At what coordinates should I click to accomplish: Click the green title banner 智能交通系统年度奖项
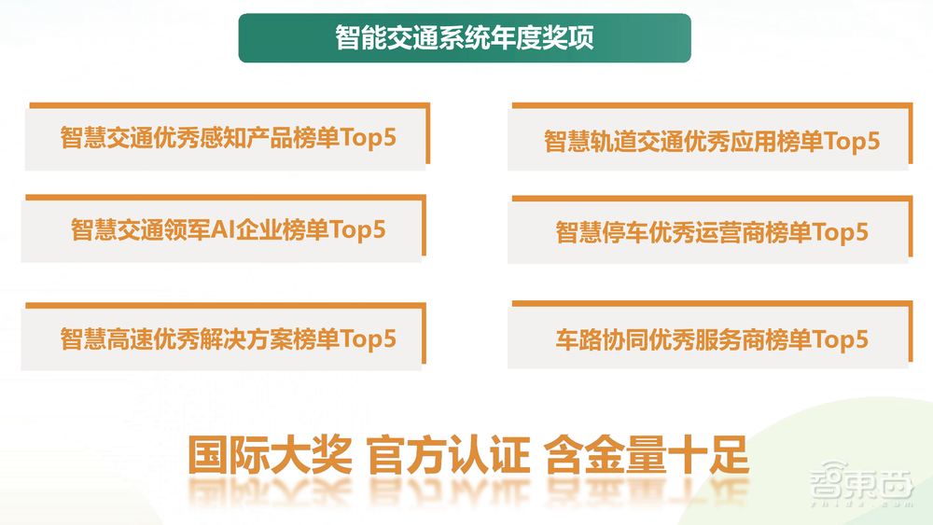(x=465, y=38)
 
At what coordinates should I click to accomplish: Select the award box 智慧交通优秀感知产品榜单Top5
(x=228, y=137)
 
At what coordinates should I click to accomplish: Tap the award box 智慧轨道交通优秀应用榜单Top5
(x=711, y=141)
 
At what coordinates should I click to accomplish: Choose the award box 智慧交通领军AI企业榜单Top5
(x=228, y=228)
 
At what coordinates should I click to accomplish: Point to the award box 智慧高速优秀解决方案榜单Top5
(x=228, y=338)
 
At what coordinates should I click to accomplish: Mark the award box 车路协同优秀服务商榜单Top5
(x=711, y=338)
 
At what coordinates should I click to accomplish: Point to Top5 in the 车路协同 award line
(x=840, y=338)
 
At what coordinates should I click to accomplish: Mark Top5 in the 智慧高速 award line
(x=368, y=338)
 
